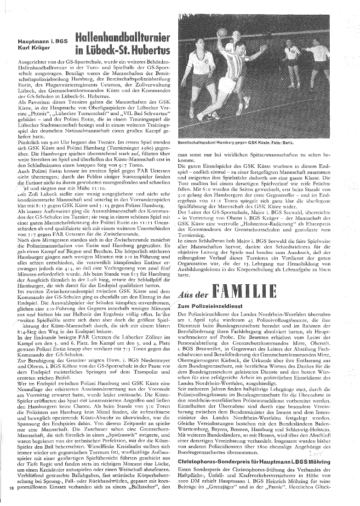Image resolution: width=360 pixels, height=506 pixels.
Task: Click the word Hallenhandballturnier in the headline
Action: pyautogui.click(x=122, y=37)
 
